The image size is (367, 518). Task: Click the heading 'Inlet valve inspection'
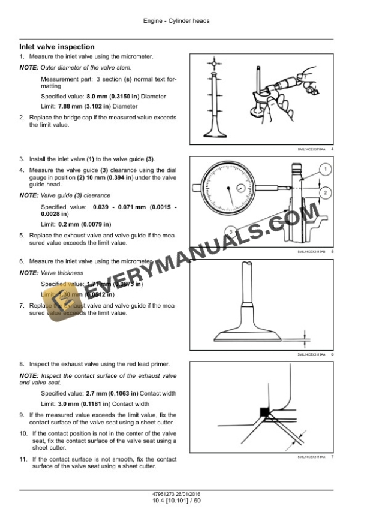coord(57,47)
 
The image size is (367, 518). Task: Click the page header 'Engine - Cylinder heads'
coord(177,21)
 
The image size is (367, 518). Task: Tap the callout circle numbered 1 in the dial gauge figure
coord(324,171)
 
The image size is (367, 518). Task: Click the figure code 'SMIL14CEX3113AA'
coord(312,354)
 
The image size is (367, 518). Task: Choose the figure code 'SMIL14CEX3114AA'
coord(312,457)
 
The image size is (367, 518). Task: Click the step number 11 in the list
coord(23,459)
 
